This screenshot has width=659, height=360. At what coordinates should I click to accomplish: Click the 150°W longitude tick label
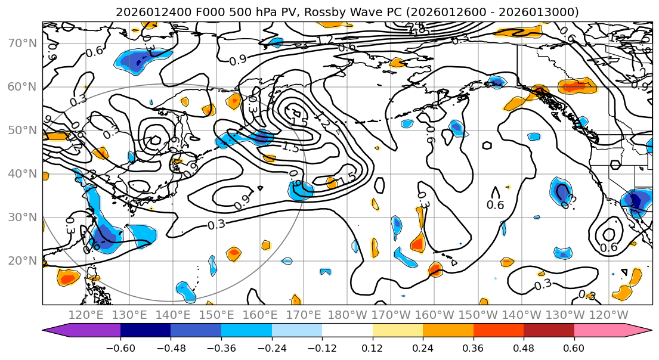(x=478, y=315)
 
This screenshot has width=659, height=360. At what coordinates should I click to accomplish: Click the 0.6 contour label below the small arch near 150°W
(x=495, y=205)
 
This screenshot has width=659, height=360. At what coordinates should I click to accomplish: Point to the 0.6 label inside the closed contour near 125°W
(x=608, y=247)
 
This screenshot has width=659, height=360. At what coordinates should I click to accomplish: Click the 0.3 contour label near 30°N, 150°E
(x=217, y=225)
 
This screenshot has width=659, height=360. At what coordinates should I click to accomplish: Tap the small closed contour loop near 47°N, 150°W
(x=487, y=145)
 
